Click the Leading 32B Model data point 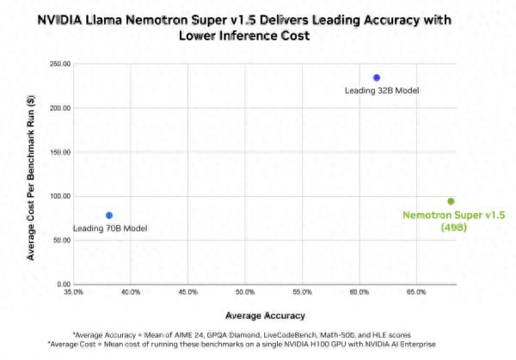tap(376, 77)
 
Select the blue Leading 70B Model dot tap(109, 215)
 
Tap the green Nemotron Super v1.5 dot tap(450, 201)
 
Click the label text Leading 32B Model tap(382, 90)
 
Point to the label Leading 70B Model tap(110, 228)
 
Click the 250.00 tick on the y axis tap(60, 64)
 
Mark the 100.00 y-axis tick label tap(60, 196)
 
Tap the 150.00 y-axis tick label tap(60, 152)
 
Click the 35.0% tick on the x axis tap(74, 293)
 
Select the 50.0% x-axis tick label tap(245, 293)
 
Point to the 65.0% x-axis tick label tap(415, 293)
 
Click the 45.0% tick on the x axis tap(187, 293)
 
